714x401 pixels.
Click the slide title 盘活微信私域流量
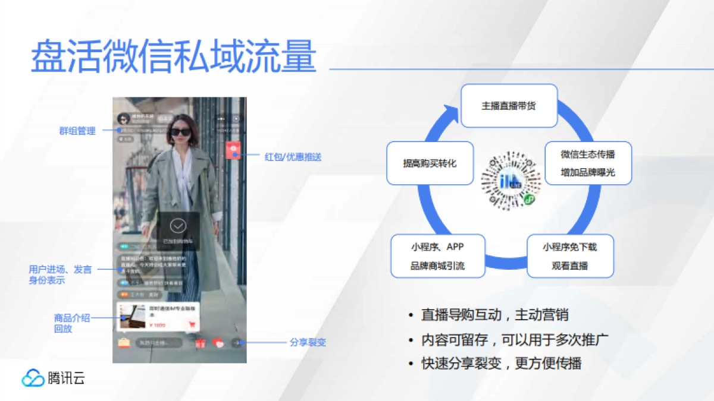point(173,57)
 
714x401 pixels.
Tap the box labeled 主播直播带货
point(509,106)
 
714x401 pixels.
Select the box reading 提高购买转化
point(430,163)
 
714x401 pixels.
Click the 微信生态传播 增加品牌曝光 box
point(588,163)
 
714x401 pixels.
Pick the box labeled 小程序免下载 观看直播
point(570,256)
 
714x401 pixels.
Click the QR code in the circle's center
point(511,181)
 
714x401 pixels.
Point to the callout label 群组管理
point(77,131)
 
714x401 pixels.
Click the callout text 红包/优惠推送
point(293,157)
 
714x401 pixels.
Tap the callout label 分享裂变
point(308,342)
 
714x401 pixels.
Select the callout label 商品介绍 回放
point(72,323)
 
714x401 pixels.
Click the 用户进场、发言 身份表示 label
point(60,274)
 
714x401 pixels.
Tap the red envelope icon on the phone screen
point(233,149)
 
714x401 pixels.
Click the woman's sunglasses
point(181,132)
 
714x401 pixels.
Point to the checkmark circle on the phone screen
point(178,226)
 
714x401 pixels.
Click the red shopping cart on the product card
point(192,324)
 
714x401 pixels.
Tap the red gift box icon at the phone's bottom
point(200,343)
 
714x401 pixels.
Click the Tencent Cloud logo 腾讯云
point(54,378)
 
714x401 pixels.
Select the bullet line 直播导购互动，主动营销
point(499,315)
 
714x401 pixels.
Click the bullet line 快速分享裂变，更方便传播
point(502,363)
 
